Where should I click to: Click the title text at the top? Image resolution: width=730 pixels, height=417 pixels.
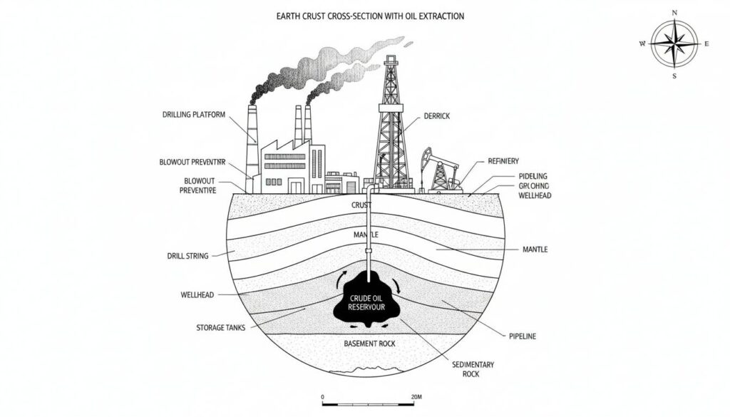click(364, 16)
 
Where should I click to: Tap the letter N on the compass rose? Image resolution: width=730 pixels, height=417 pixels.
click(674, 12)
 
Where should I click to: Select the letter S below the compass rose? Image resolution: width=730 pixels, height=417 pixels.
click(674, 76)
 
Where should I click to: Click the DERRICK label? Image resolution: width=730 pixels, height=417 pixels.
click(438, 115)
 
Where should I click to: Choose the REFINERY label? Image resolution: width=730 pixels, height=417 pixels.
click(503, 161)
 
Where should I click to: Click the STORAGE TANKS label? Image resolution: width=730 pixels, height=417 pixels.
click(221, 327)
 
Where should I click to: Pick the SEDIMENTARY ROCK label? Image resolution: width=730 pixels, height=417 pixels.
click(473, 369)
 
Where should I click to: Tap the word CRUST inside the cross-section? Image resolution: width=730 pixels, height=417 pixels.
click(362, 205)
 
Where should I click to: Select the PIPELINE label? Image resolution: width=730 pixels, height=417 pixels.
click(523, 335)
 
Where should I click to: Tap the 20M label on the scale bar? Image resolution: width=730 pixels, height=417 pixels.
click(418, 397)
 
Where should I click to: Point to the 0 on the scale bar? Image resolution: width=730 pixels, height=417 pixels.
click(323, 397)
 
